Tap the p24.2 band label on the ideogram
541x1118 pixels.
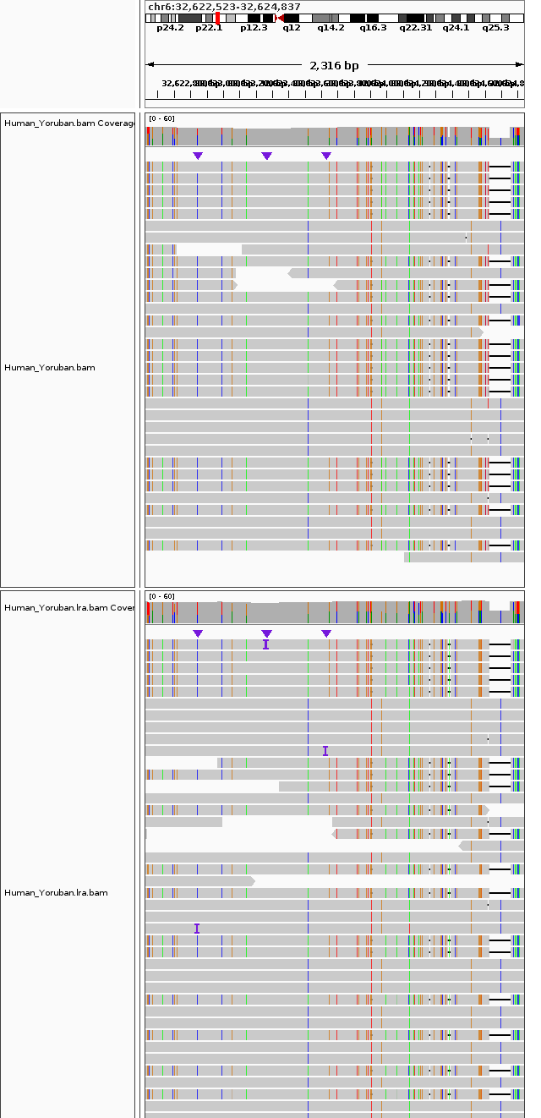[x=170, y=27]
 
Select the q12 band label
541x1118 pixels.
[x=292, y=27]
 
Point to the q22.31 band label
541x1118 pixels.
[x=415, y=27]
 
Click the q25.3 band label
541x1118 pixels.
[x=495, y=27]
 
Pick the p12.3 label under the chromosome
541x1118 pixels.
[x=254, y=27]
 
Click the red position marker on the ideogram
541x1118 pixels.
[x=218, y=17]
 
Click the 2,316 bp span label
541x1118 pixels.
[x=334, y=65]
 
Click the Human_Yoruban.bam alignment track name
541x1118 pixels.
[x=50, y=368]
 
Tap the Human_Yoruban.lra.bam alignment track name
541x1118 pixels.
[x=56, y=892]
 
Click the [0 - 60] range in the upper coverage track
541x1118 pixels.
[x=161, y=118]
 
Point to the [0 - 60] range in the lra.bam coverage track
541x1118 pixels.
[x=161, y=596]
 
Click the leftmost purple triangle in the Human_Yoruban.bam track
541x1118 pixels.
[x=198, y=156]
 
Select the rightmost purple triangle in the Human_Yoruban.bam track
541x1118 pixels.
[x=326, y=156]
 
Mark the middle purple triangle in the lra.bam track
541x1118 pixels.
[x=267, y=633]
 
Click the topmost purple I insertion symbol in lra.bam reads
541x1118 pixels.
[x=265, y=644]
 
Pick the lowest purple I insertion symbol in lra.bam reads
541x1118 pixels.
[x=197, y=929]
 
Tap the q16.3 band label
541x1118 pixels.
[x=373, y=27]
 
